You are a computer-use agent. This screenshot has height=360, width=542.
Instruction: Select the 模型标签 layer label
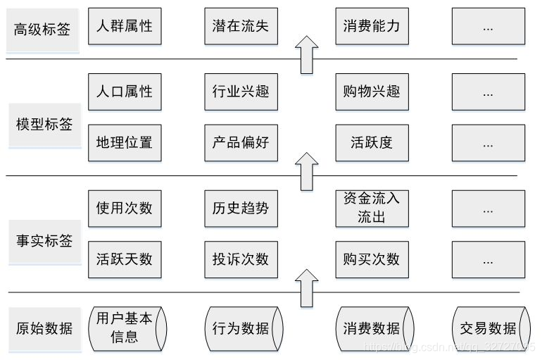(x=44, y=125)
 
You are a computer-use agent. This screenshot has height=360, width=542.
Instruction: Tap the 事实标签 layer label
(x=44, y=240)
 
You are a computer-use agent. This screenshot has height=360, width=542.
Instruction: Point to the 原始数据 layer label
(x=44, y=328)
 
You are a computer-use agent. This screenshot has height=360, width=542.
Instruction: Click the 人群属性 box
(x=125, y=26)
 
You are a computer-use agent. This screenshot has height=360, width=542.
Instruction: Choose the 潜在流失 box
(x=241, y=26)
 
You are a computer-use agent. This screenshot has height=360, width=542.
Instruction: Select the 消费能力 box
(x=372, y=26)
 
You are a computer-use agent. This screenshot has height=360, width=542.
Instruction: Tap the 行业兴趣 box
(x=241, y=91)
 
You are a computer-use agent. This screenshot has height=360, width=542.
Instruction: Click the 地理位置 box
(x=125, y=142)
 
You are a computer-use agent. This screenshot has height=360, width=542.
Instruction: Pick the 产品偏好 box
(x=241, y=142)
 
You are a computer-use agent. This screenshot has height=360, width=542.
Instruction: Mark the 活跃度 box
(x=372, y=142)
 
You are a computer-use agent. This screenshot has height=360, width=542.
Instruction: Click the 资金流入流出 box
(x=372, y=208)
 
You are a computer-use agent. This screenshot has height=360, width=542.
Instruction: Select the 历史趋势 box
(x=241, y=208)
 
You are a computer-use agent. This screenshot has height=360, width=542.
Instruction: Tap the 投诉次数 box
(x=241, y=259)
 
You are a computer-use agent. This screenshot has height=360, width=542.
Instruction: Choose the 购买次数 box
(x=372, y=259)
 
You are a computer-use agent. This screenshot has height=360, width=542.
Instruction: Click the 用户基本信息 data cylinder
(x=125, y=328)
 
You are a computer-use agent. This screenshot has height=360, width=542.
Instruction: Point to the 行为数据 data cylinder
(x=241, y=328)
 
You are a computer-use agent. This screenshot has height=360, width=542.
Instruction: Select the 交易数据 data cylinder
(x=489, y=328)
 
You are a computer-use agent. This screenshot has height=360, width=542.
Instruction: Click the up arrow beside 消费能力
(x=306, y=54)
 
